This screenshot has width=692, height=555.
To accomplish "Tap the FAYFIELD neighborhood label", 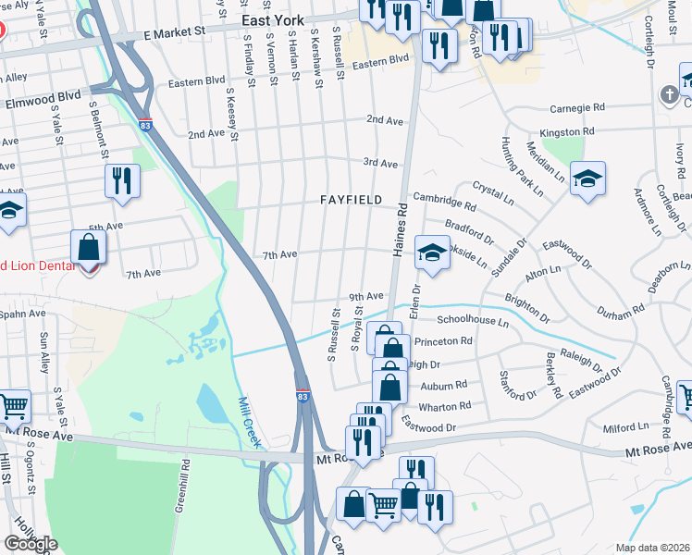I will (351, 200).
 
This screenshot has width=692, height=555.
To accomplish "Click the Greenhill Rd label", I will (184, 486).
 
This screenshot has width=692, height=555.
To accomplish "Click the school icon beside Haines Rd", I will (430, 253).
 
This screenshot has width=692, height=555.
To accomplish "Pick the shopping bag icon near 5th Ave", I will (88, 248).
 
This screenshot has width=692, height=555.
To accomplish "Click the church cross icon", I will (669, 94).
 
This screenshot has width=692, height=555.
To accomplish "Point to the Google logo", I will (31, 544).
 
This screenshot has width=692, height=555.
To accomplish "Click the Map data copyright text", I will (653, 548).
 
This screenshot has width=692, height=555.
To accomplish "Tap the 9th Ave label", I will (365, 296).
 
